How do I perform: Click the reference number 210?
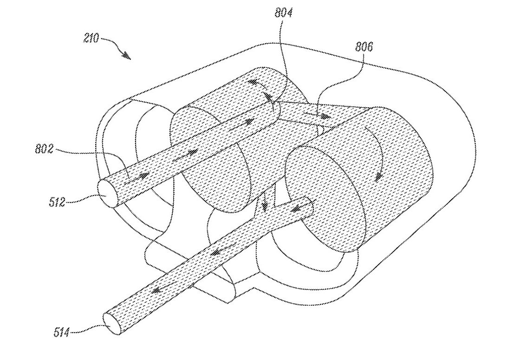coord(91,39)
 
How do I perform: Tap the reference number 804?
coord(283,13)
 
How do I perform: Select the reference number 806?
coord(364,46)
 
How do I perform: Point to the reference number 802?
coord(44,149)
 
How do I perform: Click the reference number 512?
coord(57,202)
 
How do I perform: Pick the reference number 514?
coord(62,332)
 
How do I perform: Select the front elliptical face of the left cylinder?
coord(210,159)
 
